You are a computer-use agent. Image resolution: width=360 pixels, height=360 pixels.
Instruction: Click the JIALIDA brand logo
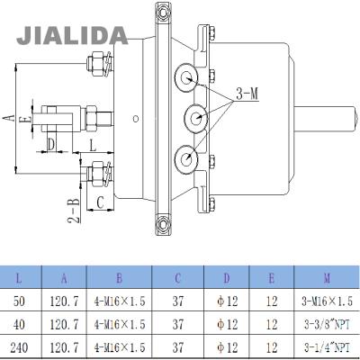[x=72, y=35]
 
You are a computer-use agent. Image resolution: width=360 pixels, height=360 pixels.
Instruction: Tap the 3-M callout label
[x=247, y=94]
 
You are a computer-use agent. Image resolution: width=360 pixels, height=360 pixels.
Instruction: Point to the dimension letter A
[x=9, y=118]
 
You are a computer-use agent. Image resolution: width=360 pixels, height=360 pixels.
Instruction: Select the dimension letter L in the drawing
[x=93, y=146]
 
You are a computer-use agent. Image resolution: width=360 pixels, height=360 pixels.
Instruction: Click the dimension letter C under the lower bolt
[x=100, y=202]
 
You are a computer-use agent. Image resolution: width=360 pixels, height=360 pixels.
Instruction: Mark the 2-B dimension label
[x=74, y=211]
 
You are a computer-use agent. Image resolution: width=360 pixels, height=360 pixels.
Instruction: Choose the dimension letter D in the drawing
[x=51, y=145]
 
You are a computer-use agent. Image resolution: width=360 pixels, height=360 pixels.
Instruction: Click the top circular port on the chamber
[x=186, y=78]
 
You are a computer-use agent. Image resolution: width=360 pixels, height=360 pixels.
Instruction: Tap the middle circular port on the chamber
[x=196, y=118]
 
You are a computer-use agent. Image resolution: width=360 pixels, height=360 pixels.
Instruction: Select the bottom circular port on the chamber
[x=186, y=159]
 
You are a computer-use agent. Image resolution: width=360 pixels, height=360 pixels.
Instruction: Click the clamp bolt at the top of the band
[x=163, y=12]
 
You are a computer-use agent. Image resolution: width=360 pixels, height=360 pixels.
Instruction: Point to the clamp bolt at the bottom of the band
[x=163, y=224]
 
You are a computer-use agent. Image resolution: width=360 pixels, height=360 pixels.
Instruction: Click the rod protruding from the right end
[x=326, y=119]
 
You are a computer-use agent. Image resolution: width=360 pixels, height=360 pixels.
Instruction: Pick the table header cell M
[x=327, y=278]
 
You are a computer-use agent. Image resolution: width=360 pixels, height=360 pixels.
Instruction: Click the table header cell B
[x=119, y=278]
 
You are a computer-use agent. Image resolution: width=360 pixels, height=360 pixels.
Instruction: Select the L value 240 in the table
[x=20, y=347]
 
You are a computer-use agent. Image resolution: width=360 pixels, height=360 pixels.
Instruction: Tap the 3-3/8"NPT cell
[x=327, y=324]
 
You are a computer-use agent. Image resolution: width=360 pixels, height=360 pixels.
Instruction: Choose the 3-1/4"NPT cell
[x=327, y=347]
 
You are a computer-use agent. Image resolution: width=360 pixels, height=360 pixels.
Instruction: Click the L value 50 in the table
[x=20, y=301]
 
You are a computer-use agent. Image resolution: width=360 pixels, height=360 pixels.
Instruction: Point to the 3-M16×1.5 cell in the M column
[x=327, y=301]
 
